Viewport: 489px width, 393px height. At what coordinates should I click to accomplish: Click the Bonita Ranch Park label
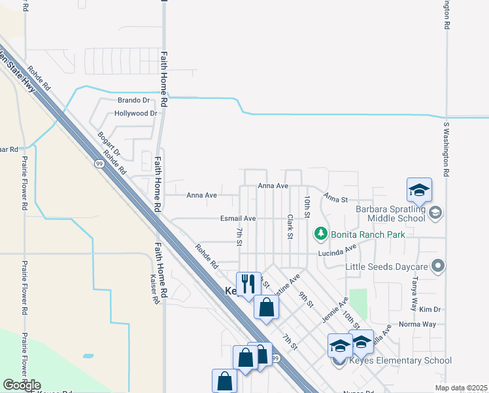tap(367, 234)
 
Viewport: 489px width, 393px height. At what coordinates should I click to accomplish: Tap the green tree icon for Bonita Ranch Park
tap(320, 233)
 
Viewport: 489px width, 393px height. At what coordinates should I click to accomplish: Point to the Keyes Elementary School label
tap(401, 360)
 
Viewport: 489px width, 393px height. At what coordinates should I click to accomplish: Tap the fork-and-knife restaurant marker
tap(248, 284)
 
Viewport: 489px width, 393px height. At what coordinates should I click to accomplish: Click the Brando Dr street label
tap(133, 100)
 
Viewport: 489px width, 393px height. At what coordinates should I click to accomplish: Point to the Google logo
tap(22, 385)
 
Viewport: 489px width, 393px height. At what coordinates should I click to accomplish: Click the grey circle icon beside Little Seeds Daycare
tap(438, 266)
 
